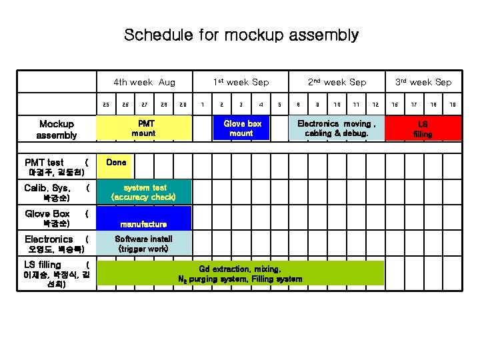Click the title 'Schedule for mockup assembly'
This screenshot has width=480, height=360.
241,35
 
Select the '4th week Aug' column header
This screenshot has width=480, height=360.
144,82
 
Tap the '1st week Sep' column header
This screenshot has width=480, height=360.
241,82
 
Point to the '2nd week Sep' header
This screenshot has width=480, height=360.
337,82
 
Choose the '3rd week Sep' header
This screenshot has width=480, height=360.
423,82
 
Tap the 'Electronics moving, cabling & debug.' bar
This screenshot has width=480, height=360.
337,128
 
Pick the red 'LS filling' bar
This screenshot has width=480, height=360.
423,128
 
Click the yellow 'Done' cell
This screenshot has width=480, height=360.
116,162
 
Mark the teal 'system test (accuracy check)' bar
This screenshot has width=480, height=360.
143,192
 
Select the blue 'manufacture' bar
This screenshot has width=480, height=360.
143,218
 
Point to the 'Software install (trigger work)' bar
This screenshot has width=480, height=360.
143,243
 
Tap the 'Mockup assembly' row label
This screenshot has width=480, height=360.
57,129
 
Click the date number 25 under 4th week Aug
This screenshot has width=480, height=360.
105,104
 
